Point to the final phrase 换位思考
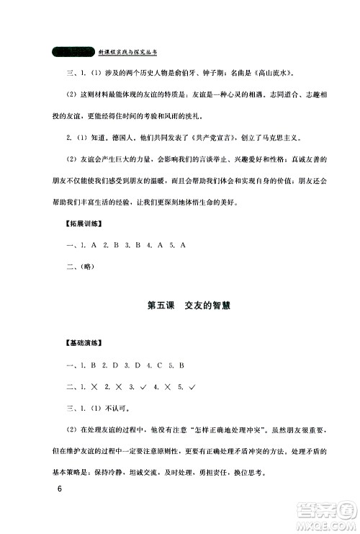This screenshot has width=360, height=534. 249,472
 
